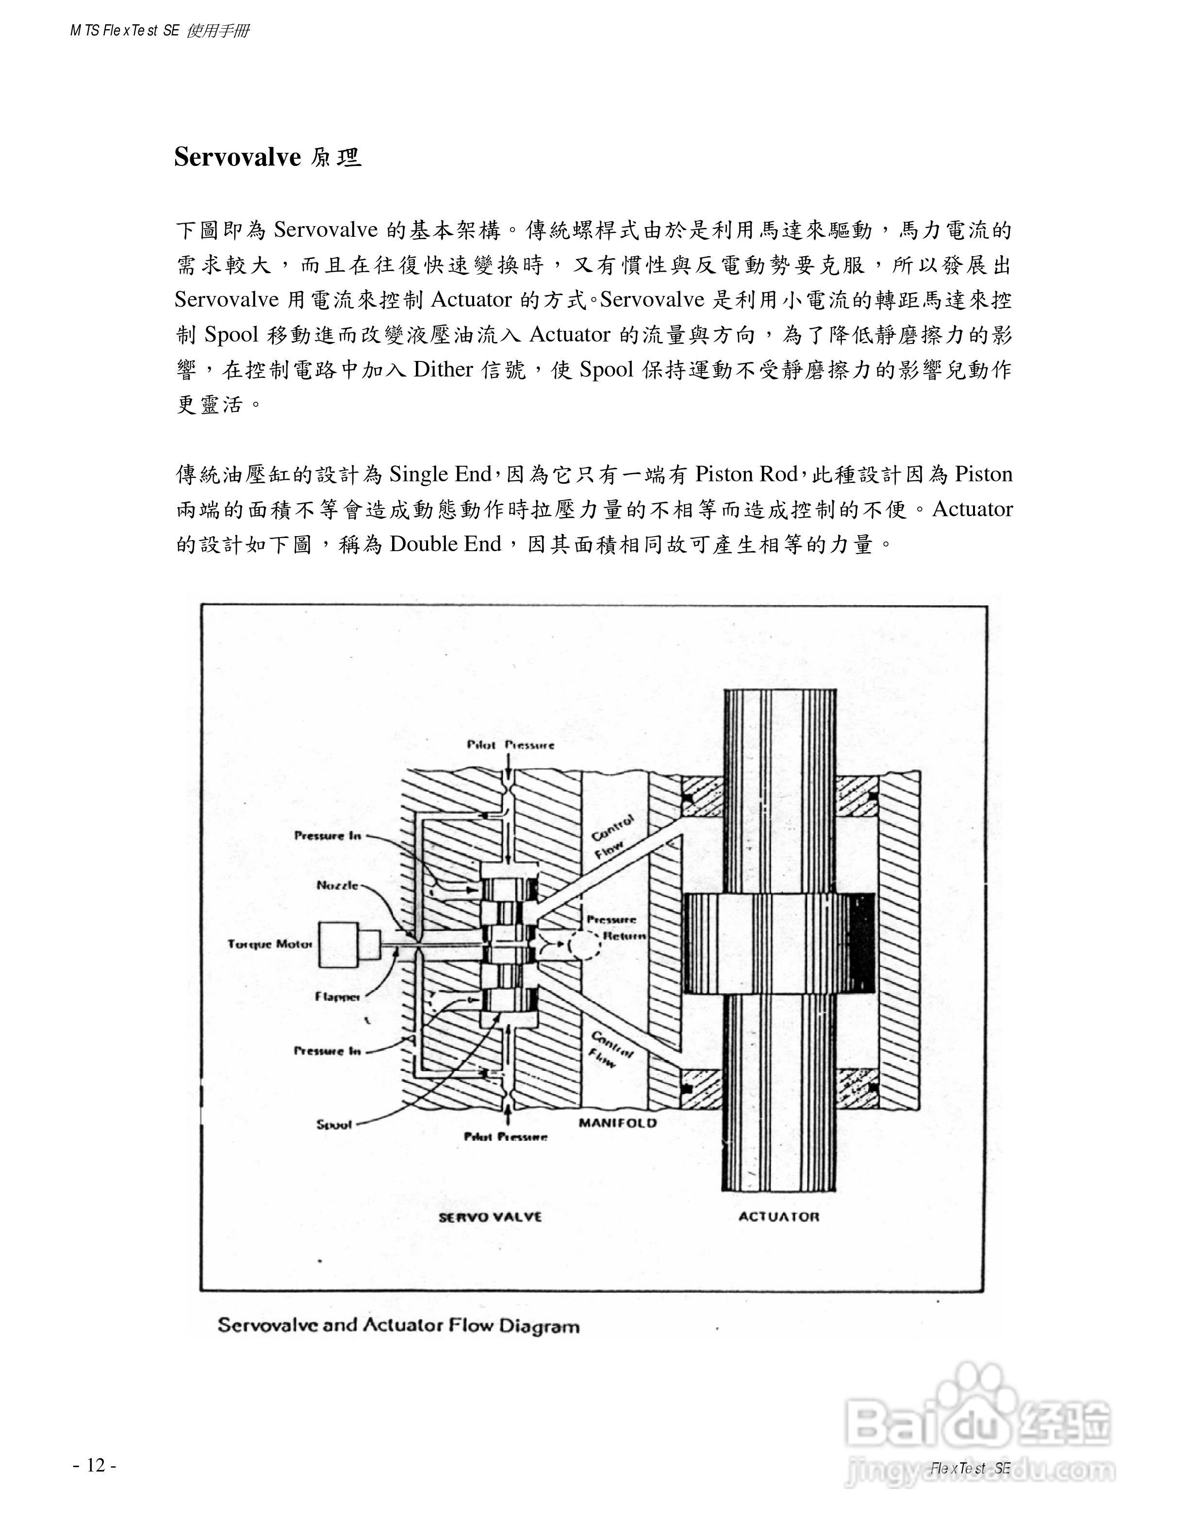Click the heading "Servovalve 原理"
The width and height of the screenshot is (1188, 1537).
(x=267, y=157)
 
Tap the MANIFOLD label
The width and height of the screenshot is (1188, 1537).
(x=617, y=1123)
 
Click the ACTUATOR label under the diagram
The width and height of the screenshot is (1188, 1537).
(x=778, y=1217)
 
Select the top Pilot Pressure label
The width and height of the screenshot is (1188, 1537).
(x=510, y=745)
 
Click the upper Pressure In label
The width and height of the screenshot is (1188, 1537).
(x=328, y=835)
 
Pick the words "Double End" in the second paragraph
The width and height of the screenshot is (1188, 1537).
(x=445, y=544)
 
